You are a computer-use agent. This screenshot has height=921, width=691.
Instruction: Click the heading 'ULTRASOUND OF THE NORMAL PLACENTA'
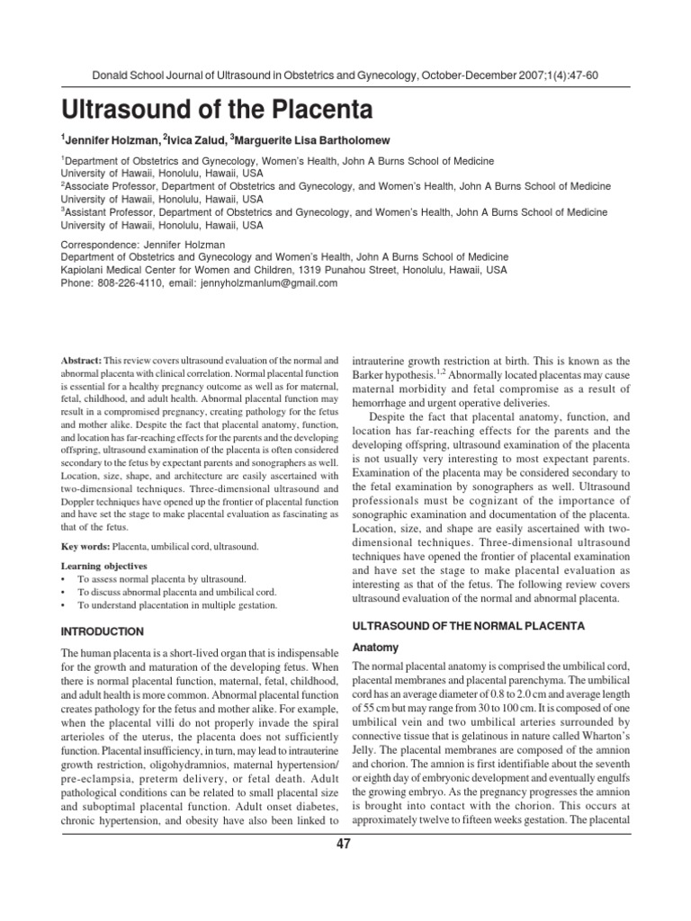(467, 624)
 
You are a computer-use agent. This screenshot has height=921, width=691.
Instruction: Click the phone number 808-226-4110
(128, 282)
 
